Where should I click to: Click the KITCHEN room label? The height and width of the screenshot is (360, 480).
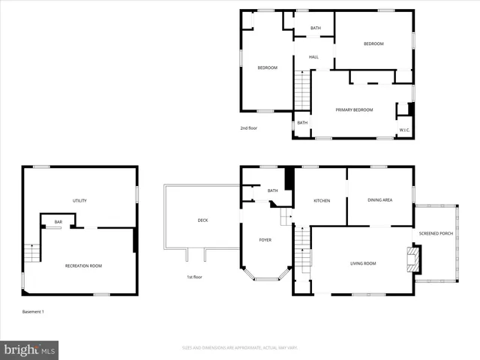(x=322, y=201)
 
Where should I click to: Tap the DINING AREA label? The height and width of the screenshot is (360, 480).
(x=379, y=200)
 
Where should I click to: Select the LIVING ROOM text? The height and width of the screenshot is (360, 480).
(x=362, y=263)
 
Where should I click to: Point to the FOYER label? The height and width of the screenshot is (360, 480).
(x=265, y=240)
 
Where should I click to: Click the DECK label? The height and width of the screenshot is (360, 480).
(x=202, y=220)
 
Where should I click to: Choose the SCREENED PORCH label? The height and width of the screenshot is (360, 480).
(x=436, y=232)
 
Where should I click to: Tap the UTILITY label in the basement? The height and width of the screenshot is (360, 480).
(x=79, y=200)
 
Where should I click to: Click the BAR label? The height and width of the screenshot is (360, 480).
(x=58, y=222)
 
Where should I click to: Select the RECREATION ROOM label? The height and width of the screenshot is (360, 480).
(x=83, y=265)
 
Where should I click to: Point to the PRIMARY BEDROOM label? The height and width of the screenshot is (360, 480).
(x=354, y=110)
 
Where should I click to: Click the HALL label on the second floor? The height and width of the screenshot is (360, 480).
(x=313, y=57)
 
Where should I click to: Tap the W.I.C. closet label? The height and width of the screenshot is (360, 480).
(x=403, y=130)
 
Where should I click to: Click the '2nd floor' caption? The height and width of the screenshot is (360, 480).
(x=249, y=128)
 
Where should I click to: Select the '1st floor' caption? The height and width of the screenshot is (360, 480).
(x=195, y=277)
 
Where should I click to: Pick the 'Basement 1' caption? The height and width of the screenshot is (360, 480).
(x=33, y=312)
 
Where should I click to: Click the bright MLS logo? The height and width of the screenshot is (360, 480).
(x=30, y=349)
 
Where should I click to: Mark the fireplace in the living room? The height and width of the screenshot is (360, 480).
(x=410, y=260)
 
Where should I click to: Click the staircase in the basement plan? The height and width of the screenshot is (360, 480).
(x=31, y=253)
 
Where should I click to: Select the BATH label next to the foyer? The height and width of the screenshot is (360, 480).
(x=272, y=190)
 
